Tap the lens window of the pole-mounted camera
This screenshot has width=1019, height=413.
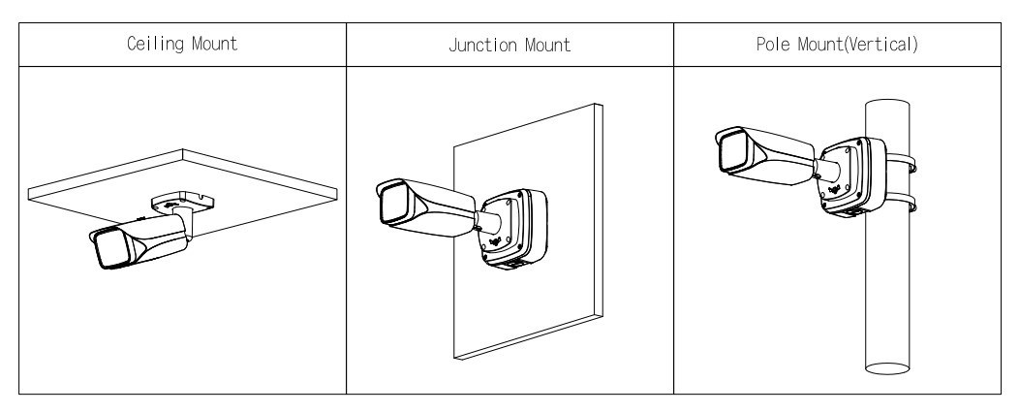click(730, 154)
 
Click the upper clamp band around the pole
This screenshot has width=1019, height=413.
click(911, 161)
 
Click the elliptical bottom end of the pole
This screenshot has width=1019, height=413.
click(889, 369)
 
